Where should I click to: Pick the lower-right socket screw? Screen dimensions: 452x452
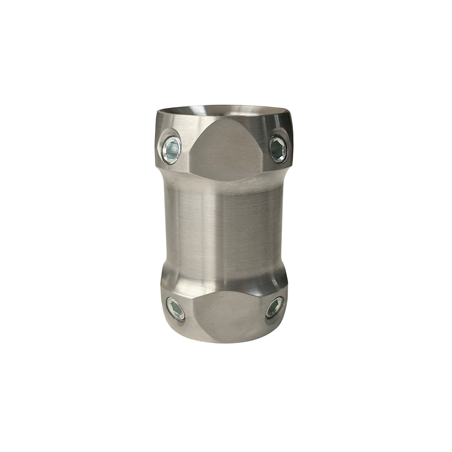(x=274, y=308)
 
